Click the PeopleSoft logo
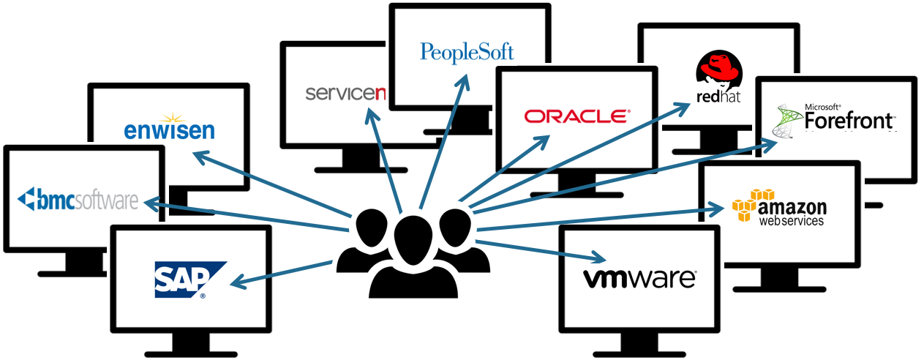coord(467,52)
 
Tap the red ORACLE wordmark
coord(576,116)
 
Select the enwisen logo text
coord(169,130)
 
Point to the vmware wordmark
coord(639,278)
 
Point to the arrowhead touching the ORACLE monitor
coord(542,140)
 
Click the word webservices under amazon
coord(791,220)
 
